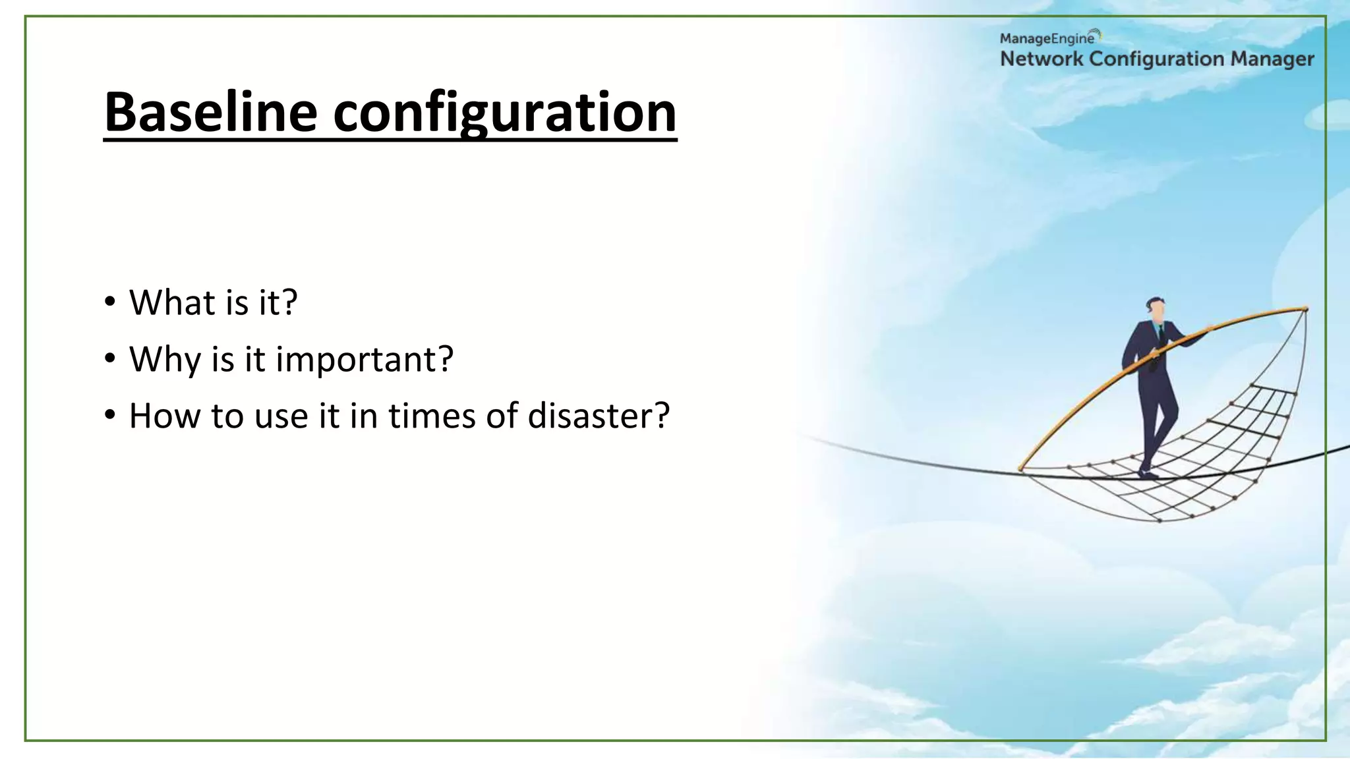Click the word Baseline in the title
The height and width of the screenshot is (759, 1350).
click(x=210, y=112)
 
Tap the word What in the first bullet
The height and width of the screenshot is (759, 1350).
click(x=172, y=302)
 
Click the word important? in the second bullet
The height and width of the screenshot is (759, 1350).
click(x=365, y=360)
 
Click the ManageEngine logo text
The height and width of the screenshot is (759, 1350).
click(x=1047, y=39)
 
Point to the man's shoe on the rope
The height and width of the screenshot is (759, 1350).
click(x=1148, y=473)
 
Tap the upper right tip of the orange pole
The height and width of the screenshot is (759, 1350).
click(x=1305, y=308)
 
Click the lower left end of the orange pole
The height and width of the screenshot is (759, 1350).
click(x=1021, y=468)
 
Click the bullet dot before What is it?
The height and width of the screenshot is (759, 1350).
click(x=109, y=302)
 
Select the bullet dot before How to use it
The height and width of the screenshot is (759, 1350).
click(x=109, y=416)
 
